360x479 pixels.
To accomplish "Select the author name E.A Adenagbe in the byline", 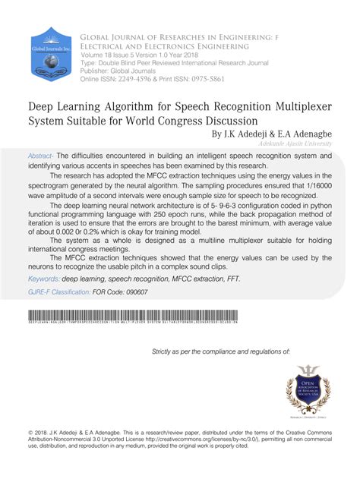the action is pos(305,134).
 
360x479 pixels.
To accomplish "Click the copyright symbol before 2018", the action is pos(30,430).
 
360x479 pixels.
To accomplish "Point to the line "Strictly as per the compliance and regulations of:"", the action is pos(221,352).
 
